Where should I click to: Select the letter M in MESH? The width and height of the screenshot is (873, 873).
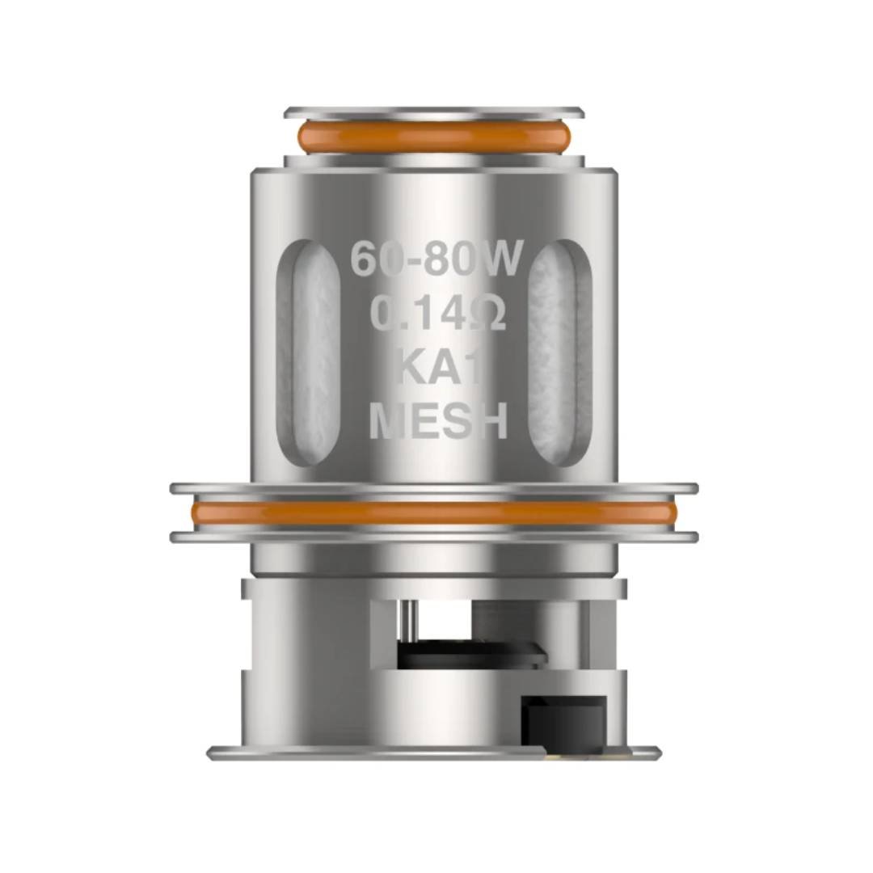pos(386,422)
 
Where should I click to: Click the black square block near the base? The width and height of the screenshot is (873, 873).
pos(563,721)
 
